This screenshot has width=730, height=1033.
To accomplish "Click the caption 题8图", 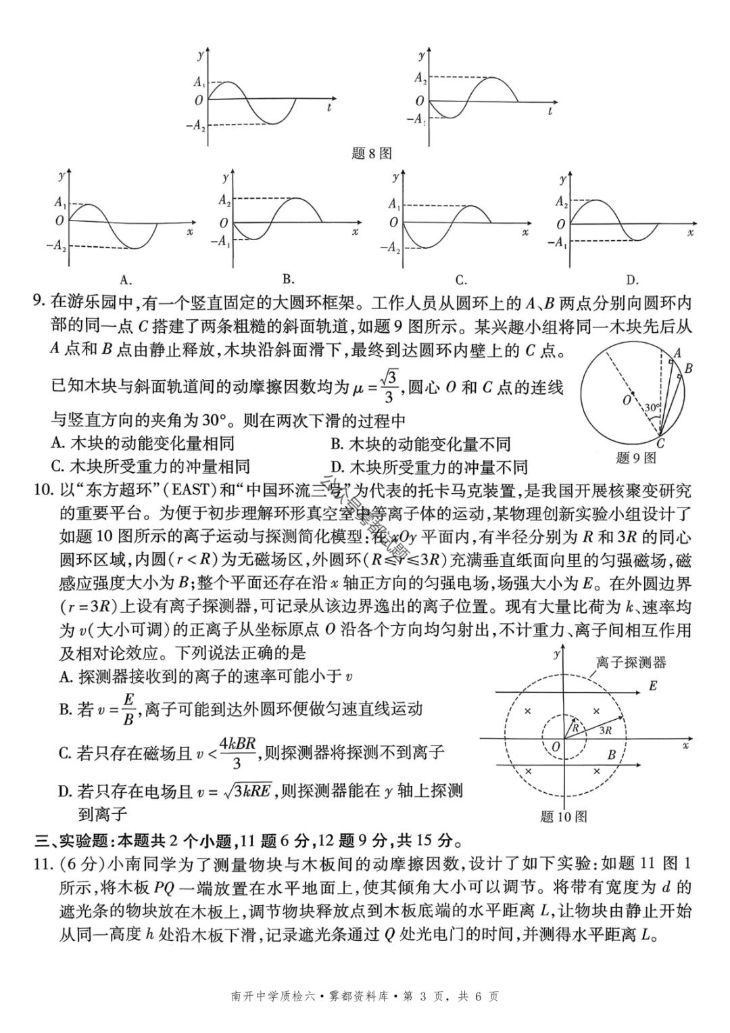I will pyautogui.click(x=371, y=154).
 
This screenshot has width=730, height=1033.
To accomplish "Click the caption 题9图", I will pyautogui.click(x=636, y=458).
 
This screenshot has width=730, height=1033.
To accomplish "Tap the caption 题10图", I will pyautogui.click(x=564, y=817).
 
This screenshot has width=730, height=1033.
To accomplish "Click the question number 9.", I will pyautogui.click(x=39, y=301).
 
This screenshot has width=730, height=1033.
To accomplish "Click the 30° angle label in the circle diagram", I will pyautogui.click(x=651, y=408).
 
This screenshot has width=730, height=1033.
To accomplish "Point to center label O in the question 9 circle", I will pyautogui.click(x=627, y=400).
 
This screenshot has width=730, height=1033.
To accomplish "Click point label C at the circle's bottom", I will pyautogui.click(x=660, y=444).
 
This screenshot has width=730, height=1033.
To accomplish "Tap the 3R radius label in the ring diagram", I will pyautogui.click(x=605, y=730).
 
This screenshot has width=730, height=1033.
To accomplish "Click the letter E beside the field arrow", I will pyautogui.click(x=653, y=686).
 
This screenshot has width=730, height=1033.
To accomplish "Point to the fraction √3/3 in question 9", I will pyautogui.click(x=389, y=387).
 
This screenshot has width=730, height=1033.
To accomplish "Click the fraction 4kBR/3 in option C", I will pyautogui.click(x=237, y=752).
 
